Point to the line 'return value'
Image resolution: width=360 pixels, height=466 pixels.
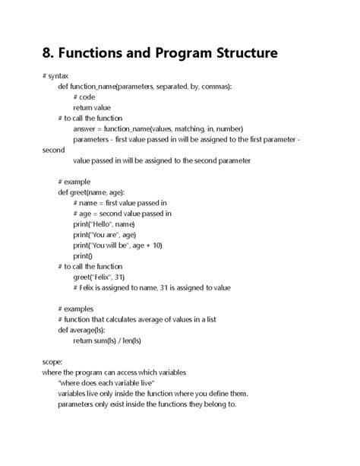(x=92, y=108)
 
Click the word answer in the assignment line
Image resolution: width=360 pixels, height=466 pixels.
(x=86, y=129)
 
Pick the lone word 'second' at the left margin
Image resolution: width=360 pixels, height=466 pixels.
(x=55, y=151)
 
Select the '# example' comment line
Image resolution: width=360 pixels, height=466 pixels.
(x=74, y=182)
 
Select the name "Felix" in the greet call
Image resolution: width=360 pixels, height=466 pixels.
(x=104, y=277)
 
